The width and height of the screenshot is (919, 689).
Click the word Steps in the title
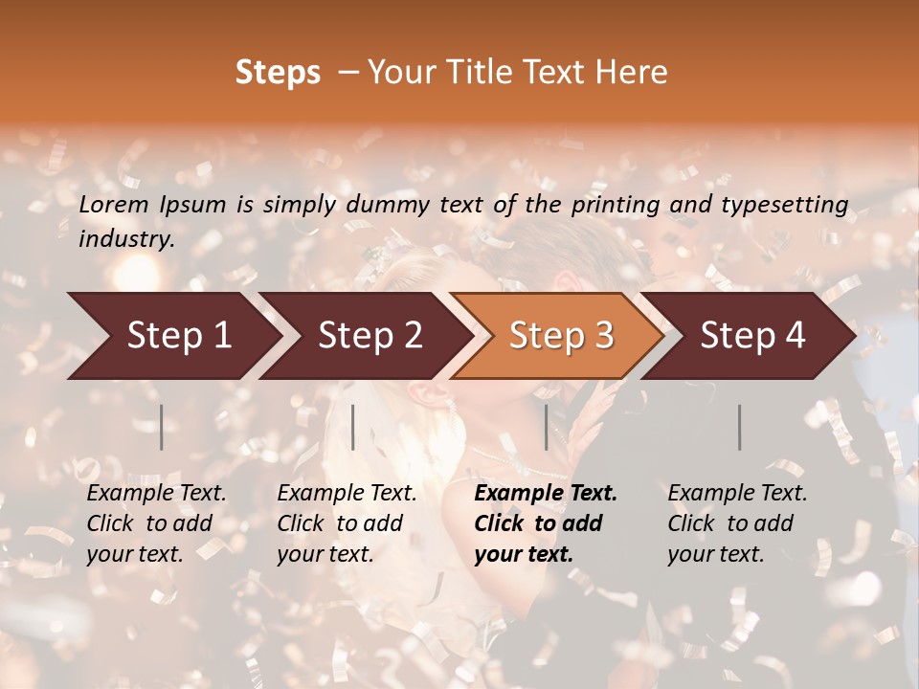pos(278,73)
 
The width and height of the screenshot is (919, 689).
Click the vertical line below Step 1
pos(162,427)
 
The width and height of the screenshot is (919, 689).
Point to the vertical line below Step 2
pos(353,427)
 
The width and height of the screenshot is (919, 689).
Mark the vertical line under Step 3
pos(547,427)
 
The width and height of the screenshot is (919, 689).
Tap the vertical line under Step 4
pos(740,427)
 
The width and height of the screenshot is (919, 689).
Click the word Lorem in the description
pos(113,204)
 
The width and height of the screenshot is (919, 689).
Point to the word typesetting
pos(793,205)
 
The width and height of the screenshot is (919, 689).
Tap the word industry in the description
pos(126,239)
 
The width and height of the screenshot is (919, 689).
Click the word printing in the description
pos(613,205)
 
